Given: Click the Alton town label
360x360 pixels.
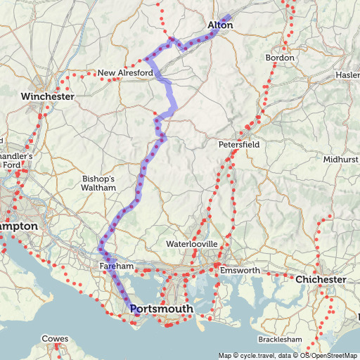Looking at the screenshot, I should click(220, 26).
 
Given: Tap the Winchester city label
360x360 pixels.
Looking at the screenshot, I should click(47, 96).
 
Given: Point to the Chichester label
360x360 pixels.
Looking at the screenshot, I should click(321, 280).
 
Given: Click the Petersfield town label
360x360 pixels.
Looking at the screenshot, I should click(239, 144).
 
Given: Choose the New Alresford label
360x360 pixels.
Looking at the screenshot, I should click(124, 73).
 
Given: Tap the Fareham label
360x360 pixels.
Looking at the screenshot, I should click(116, 267).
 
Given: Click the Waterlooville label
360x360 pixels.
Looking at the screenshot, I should click(192, 244).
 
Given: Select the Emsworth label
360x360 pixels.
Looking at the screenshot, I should click(240, 271).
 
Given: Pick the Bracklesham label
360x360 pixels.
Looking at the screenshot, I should click(281, 340).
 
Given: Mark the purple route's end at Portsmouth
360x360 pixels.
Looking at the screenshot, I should click(134, 314).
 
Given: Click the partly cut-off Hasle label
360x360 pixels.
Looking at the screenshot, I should click(348, 75).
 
